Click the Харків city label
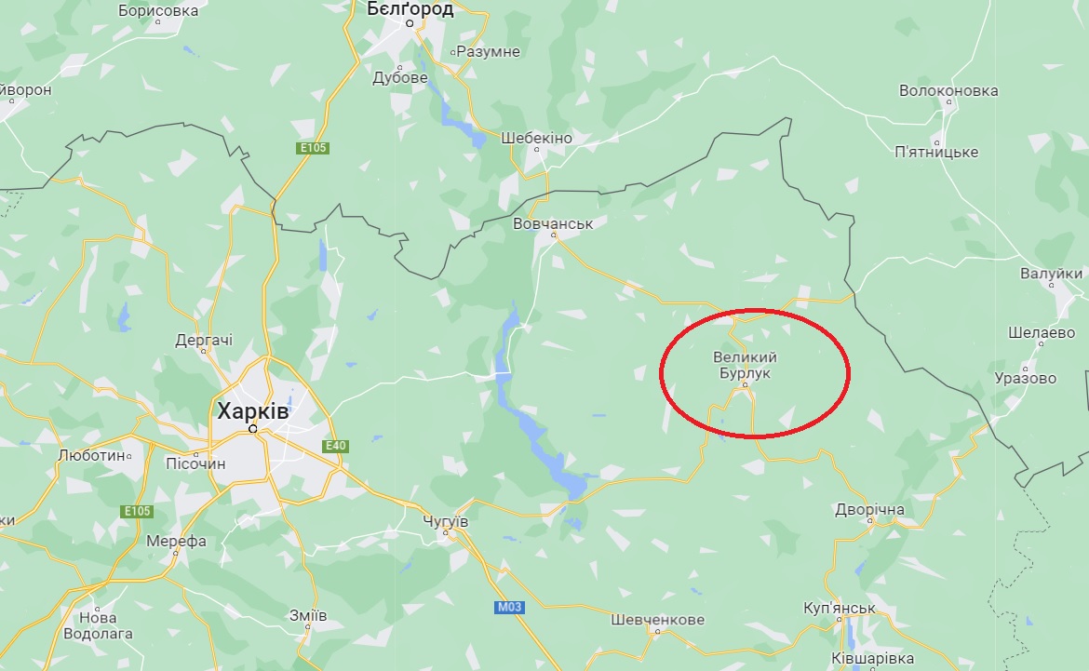point(252,410)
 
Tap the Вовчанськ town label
point(553,224)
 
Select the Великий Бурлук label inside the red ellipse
point(745,365)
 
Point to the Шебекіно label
point(536,138)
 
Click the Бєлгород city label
point(410,9)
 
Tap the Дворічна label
point(869,510)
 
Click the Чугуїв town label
point(444,522)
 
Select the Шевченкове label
point(657,619)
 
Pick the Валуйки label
point(1051,274)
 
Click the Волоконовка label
point(948,90)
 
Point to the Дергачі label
point(204,341)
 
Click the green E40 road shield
point(335,447)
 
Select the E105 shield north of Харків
point(314,148)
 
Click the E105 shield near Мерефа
point(137,511)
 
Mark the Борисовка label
point(159,11)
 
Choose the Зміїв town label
point(308,616)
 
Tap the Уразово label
point(1025,378)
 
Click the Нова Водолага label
point(98,625)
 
